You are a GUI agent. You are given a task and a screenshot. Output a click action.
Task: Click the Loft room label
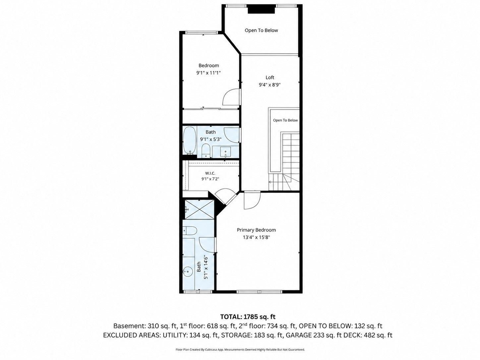(x=270, y=77)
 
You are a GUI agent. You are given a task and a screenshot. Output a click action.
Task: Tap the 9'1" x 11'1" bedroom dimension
(x=209, y=73)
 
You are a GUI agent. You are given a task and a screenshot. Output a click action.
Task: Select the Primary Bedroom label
(x=256, y=230)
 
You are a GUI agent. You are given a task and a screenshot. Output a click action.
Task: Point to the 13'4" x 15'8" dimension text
(x=256, y=237)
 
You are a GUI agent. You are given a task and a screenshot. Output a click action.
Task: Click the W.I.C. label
(x=210, y=173)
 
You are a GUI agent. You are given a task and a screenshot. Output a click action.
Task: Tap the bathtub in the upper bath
(x=189, y=141)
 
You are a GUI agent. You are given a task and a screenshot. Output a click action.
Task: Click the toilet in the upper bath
(x=206, y=150)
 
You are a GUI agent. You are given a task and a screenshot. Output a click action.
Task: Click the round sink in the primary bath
(x=188, y=271)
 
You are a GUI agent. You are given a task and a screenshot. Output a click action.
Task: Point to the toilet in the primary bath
(x=190, y=230)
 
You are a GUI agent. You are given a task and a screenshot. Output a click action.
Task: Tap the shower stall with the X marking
(x=199, y=210)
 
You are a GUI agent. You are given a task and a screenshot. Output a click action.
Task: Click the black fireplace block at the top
(x=261, y=9)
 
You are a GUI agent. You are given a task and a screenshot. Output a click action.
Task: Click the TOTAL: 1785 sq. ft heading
(x=248, y=317)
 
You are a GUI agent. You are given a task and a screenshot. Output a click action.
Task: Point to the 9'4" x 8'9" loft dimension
(x=270, y=85)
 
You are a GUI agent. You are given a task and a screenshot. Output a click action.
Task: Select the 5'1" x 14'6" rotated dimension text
(x=205, y=268)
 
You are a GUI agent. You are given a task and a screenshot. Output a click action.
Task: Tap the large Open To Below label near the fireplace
(x=261, y=30)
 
